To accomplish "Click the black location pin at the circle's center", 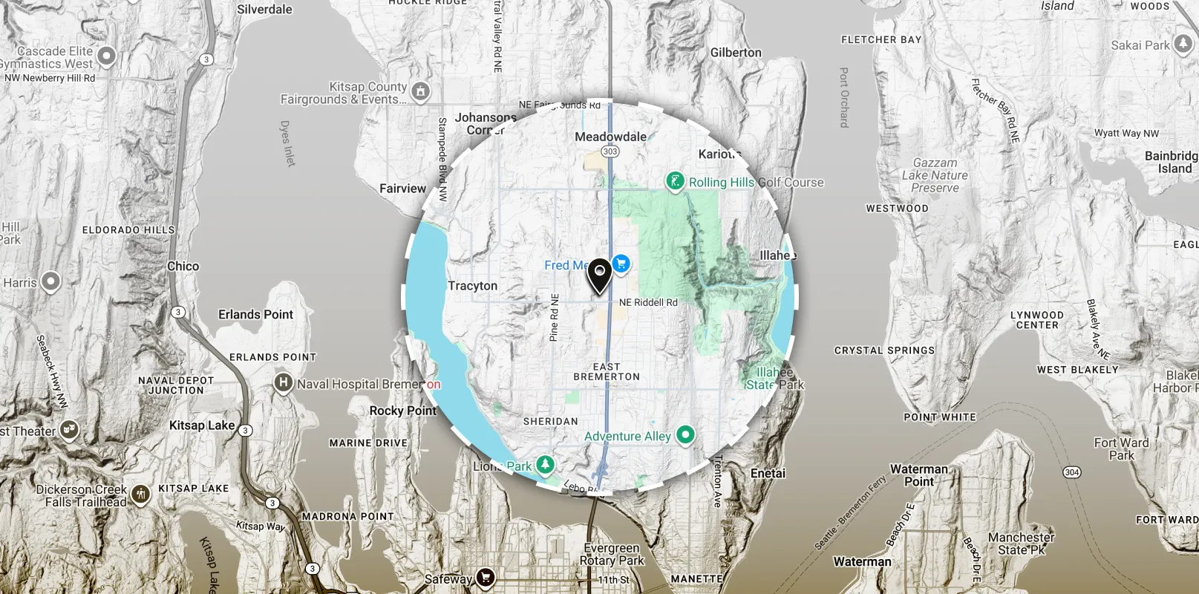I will pyautogui.click(x=599, y=275).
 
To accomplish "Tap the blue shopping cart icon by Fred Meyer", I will pyautogui.click(x=621, y=264).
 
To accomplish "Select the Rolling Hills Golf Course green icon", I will pyautogui.click(x=674, y=181).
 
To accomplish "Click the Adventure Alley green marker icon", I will pyautogui.click(x=685, y=434).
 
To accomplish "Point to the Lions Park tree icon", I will pyautogui.click(x=545, y=465).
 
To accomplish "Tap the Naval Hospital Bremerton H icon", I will pyautogui.click(x=282, y=383).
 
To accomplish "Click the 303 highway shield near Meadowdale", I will pyautogui.click(x=610, y=151).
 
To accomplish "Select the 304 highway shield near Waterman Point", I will pyautogui.click(x=1071, y=472).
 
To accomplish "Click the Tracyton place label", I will pyautogui.click(x=472, y=286).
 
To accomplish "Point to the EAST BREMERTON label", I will pyautogui.click(x=607, y=372).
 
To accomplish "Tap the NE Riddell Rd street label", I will pyautogui.click(x=648, y=302).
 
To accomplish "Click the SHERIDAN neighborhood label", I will pyautogui.click(x=550, y=421).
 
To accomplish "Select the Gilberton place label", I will pyautogui.click(x=736, y=53).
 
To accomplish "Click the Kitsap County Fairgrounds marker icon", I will pyautogui.click(x=421, y=92).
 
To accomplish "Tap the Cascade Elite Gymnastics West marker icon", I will pyautogui.click(x=107, y=56).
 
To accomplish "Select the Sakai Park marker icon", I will pyautogui.click(x=1182, y=44).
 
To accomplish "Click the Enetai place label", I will pyautogui.click(x=768, y=473).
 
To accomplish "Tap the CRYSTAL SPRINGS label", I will pyautogui.click(x=883, y=350).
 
